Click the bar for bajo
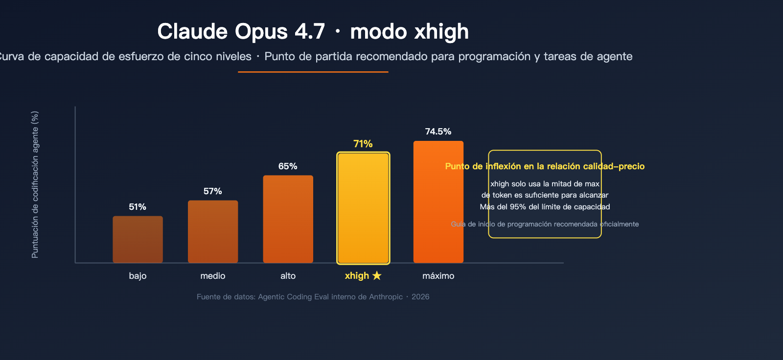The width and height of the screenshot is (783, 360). click(x=138, y=239)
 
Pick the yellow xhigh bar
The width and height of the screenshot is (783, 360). click(x=363, y=208)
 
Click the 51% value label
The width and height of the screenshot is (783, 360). click(x=138, y=207)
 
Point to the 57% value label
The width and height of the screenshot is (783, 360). click(x=213, y=191)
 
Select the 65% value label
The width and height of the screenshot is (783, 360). click(x=288, y=166)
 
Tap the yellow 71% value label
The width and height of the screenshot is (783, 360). click(x=363, y=144)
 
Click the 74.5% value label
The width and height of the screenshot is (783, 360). click(x=438, y=132)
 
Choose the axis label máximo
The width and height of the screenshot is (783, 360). click(x=438, y=276)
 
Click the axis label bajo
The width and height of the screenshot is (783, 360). click(x=138, y=276)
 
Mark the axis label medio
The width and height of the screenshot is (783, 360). click(x=213, y=276)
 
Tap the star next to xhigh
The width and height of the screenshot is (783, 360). click(x=377, y=276)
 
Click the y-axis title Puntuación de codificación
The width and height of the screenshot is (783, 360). click(x=35, y=184)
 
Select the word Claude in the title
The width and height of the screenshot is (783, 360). click(x=192, y=32)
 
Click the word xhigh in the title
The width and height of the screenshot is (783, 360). click(x=441, y=32)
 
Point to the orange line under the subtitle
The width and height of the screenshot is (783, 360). click(x=313, y=72)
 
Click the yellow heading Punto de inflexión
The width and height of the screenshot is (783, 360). click(x=545, y=166)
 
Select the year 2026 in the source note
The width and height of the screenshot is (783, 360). click(x=420, y=297)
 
